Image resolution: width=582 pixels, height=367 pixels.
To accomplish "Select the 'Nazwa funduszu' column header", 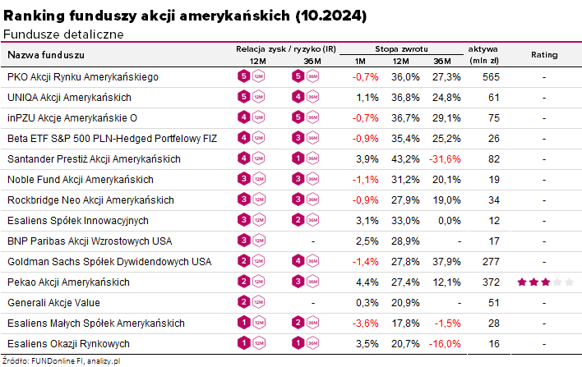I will [46, 55].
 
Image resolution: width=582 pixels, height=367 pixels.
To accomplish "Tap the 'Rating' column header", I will [544, 55].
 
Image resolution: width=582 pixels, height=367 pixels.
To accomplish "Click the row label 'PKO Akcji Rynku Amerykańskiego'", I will [82, 77].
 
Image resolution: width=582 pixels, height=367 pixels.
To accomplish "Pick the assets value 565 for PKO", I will [492, 77].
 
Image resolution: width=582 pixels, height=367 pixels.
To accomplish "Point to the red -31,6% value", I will [447, 159].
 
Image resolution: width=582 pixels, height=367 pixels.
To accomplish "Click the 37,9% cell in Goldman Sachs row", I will [447, 262].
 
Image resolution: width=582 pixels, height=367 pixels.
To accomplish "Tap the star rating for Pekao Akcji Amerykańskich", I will [544, 282].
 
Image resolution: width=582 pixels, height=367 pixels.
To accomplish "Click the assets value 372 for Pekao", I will [492, 282].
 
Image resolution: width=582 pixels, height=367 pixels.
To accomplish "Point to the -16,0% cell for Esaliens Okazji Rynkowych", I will [447, 344].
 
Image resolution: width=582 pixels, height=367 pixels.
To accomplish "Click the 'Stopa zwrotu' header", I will [401, 49].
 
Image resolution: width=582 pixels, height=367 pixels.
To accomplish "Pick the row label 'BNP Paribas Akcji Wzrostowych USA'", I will [90, 241].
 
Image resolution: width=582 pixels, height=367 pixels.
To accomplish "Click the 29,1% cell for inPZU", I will [447, 118].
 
